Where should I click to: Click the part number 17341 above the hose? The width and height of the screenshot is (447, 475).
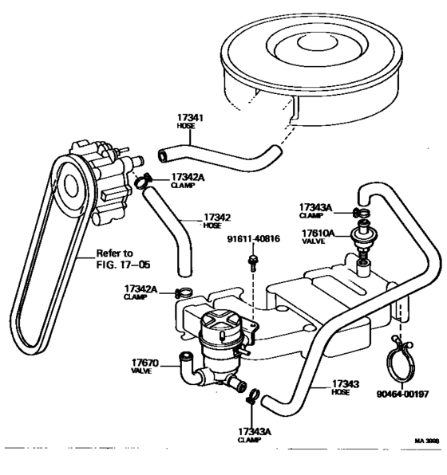click(191, 118)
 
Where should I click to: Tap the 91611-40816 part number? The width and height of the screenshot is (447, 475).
click(253, 238)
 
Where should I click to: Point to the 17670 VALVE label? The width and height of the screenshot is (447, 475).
click(145, 367)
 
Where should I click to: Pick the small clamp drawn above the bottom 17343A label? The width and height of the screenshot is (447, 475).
click(253, 395)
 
